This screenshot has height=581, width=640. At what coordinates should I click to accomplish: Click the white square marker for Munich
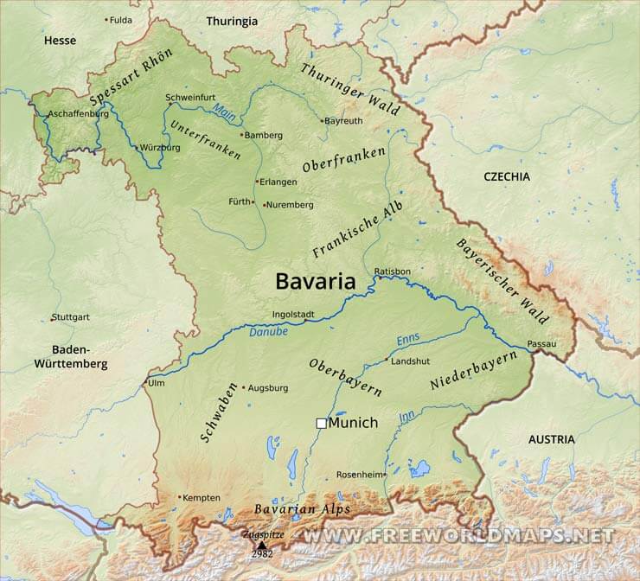(x=321, y=423)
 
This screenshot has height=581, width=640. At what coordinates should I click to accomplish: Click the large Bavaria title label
(x=316, y=281)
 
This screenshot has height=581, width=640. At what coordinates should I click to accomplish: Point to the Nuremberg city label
(x=290, y=205)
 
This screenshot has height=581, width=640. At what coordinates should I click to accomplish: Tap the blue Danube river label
(x=268, y=331)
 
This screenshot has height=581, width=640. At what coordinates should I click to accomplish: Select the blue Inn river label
(x=406, y=417)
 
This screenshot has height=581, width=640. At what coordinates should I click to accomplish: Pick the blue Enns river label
(x=407, y=340)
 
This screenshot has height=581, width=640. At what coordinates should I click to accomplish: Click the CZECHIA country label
(x=507, y=176)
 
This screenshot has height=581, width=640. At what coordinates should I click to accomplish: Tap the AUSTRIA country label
(x=551, y=439)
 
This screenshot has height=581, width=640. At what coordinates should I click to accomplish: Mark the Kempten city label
(x=202, y=497)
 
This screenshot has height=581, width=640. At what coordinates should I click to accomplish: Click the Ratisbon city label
(x=392, y=271)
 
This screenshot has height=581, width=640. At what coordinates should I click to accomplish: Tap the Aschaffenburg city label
(x=78, y=113)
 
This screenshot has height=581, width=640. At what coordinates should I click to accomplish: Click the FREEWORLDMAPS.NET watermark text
(x=458, y=535)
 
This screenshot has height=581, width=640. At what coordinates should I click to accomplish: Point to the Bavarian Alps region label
(x=301, y=509)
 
